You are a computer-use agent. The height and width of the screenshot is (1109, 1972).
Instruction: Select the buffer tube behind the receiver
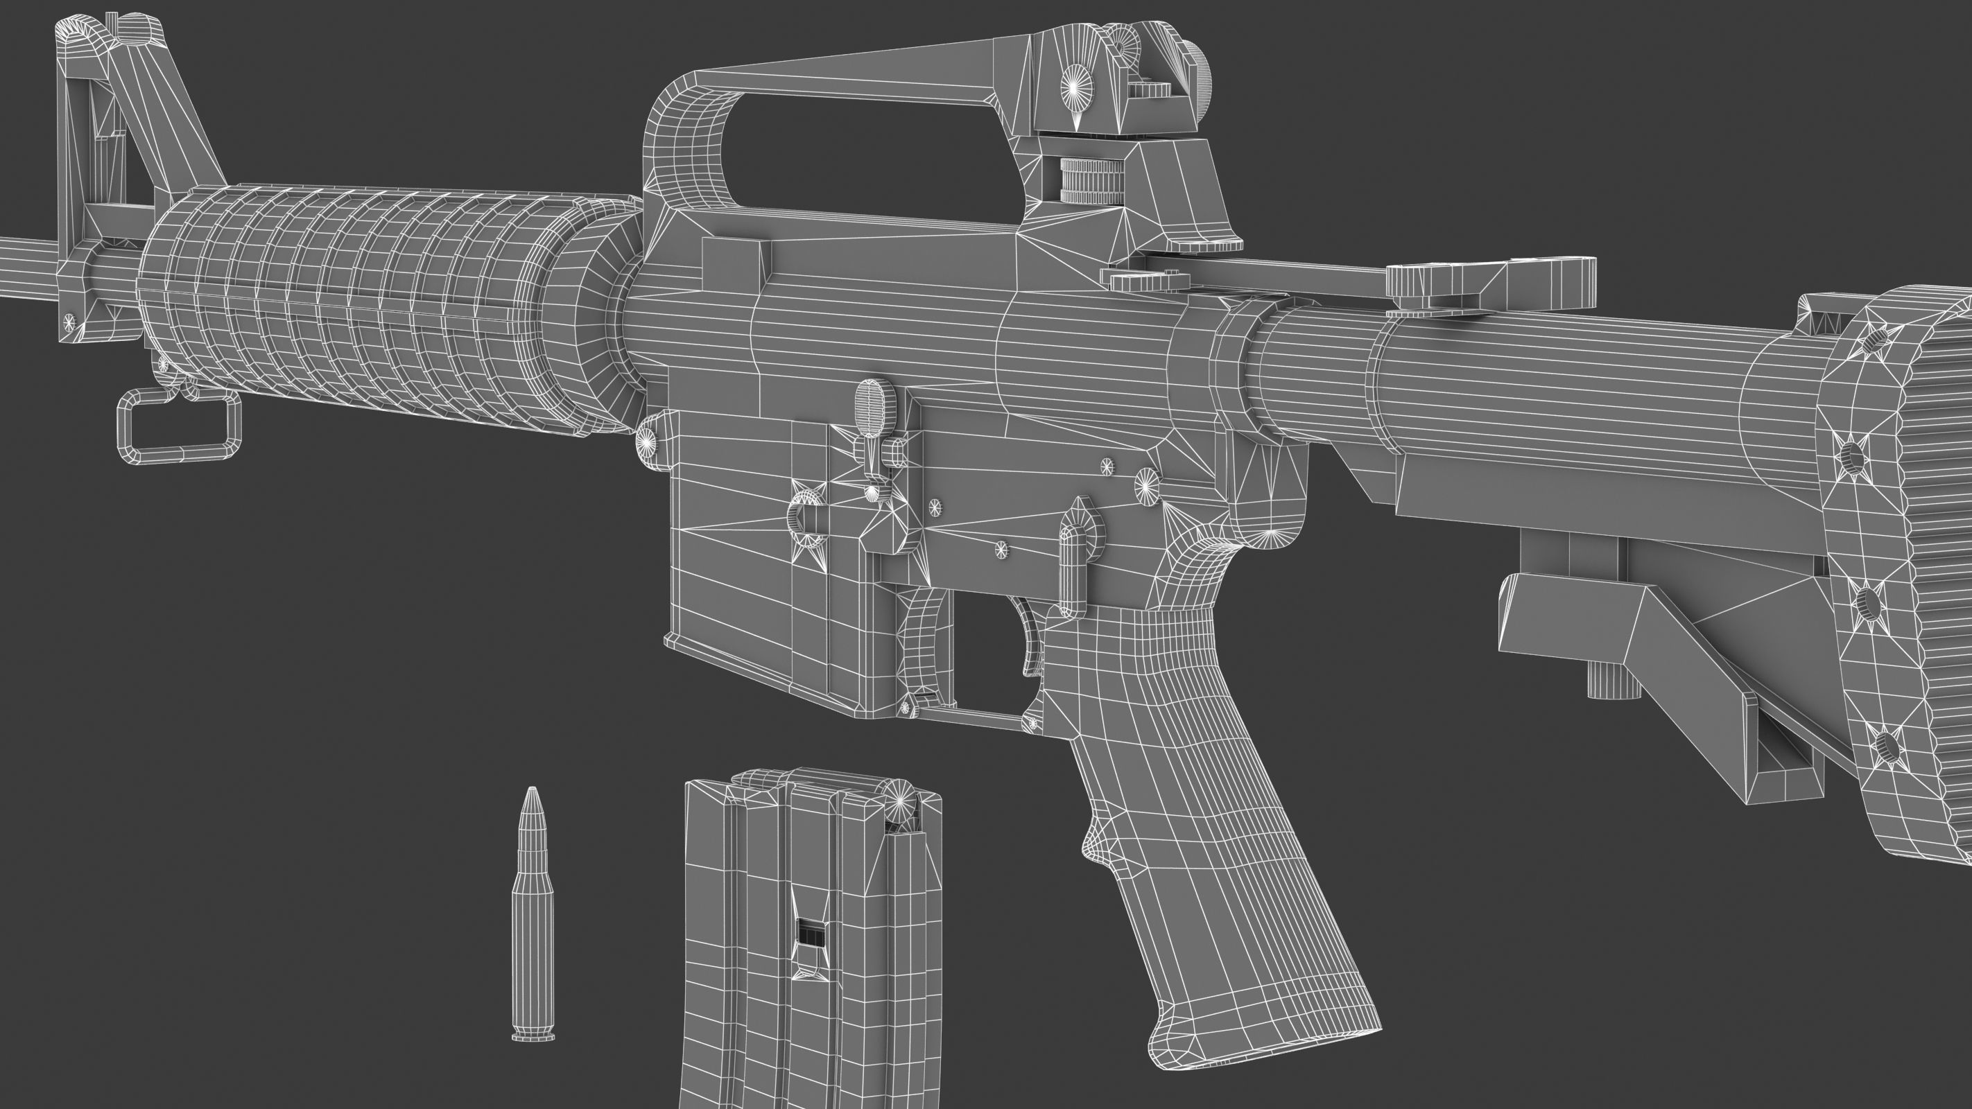point(1531,383)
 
